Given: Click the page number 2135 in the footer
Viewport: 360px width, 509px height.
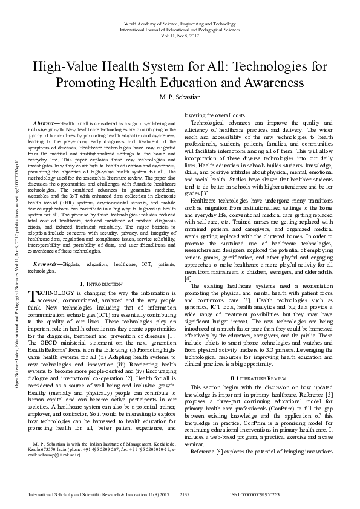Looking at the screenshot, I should [185, 494].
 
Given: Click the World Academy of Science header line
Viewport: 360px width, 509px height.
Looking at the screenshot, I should [180, 22].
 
